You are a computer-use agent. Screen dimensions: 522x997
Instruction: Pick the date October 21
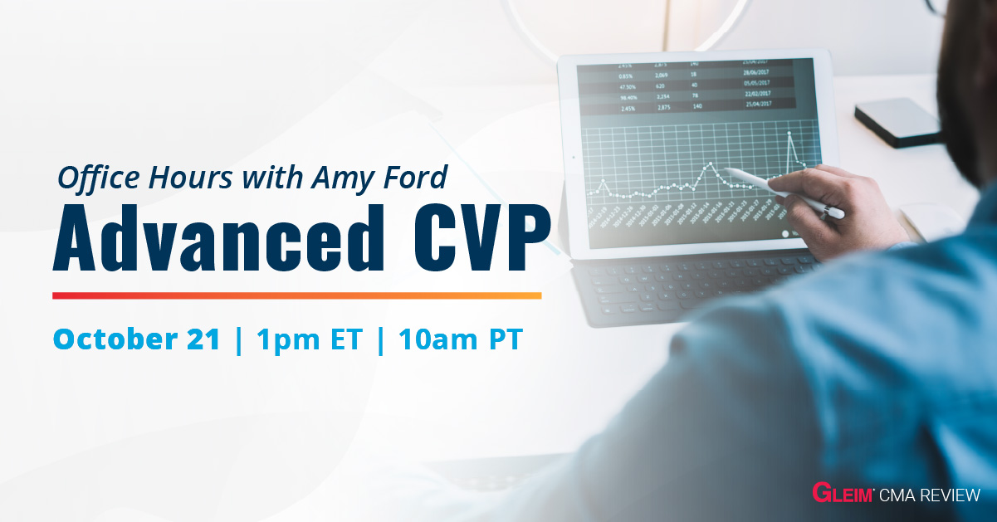137,339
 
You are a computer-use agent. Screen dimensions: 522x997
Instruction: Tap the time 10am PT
460,339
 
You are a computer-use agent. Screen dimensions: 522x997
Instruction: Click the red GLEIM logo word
841,495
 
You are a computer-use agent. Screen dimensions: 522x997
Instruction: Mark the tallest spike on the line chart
789,133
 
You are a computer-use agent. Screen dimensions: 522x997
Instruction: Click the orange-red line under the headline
296,295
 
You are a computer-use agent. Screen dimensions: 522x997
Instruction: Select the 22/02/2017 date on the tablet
757,95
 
